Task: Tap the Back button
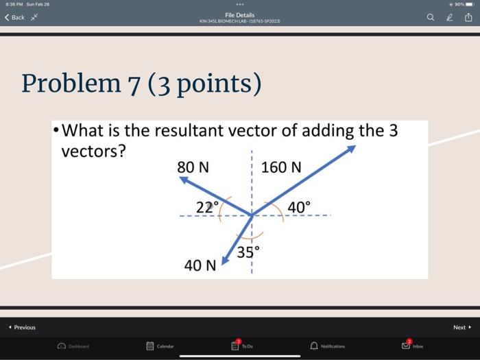15,17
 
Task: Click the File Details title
239,14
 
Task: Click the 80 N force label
194,167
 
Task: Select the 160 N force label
281,167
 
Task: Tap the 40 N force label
200,265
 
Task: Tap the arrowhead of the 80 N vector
183,180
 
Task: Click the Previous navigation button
22,328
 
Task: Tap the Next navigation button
461,328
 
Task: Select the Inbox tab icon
407,345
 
